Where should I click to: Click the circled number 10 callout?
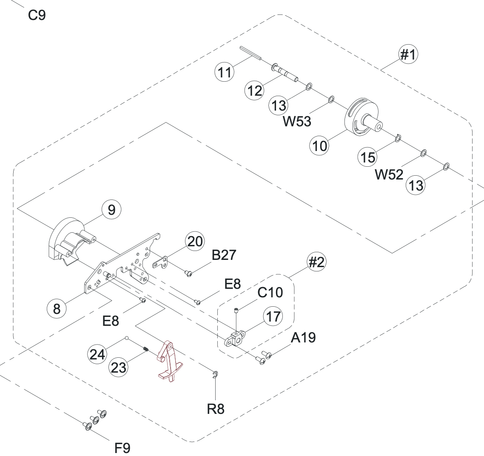click(320, 146)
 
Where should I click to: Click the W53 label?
click(297, 122)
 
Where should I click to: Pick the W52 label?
click(389, 174)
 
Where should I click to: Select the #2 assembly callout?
click(316, 262)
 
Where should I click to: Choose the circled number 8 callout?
click(57, 309)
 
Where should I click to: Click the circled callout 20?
click(195, 242)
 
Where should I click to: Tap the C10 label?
click(270, 293)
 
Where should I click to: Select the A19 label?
click(303, 338)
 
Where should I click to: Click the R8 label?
click(216, 409)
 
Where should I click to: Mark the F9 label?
click(123, 447)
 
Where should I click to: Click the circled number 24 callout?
click(97, 354)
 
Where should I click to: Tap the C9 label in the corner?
click(37, 15)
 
